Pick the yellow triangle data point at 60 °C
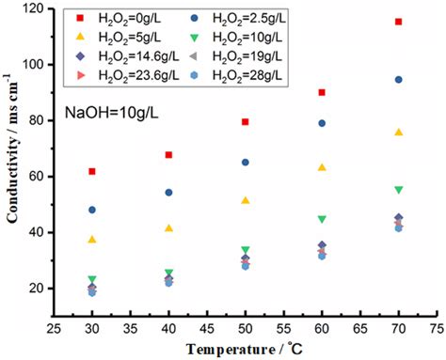click(x=323, y=167)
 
